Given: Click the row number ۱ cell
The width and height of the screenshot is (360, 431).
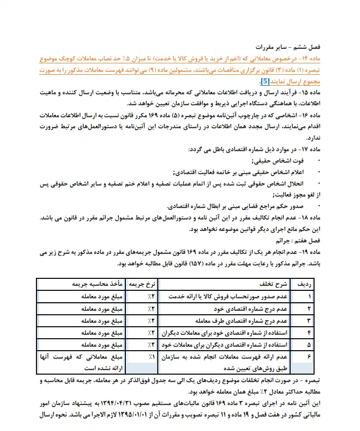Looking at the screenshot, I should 310,296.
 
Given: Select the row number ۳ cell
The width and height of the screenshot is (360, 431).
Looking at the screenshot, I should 310,320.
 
